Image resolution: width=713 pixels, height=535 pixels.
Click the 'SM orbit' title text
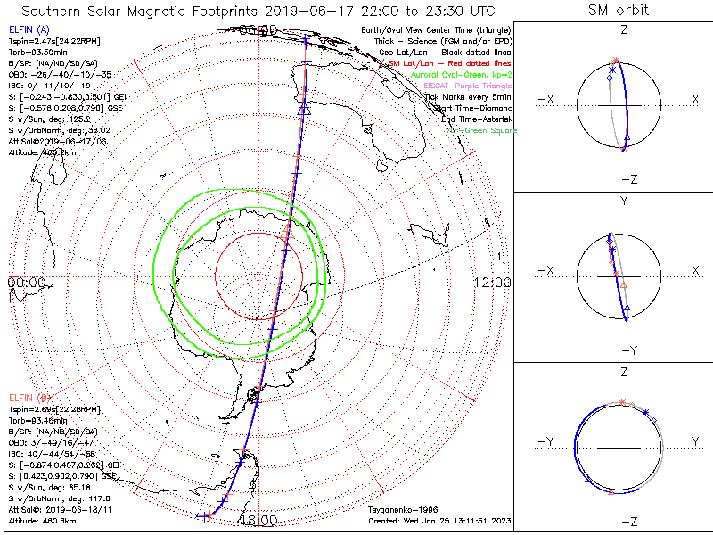tap(619, 11)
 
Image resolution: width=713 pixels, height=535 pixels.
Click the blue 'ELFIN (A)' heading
tap(29, 30)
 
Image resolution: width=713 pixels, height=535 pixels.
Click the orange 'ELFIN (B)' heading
tap(29, 397)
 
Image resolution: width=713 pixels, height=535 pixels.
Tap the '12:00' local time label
tap(492, 282)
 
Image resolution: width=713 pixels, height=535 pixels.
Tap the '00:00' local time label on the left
tap(27, 282)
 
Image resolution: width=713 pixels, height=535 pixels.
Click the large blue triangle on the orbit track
tap(304, 109)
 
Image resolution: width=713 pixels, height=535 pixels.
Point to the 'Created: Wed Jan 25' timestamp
tap(438, 520)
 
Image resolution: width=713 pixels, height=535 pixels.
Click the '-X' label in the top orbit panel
tap(547, 99)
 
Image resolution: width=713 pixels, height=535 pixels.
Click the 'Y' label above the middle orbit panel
tap(624, 201)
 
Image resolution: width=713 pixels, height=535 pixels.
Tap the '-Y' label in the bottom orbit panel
tap(547, 441)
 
